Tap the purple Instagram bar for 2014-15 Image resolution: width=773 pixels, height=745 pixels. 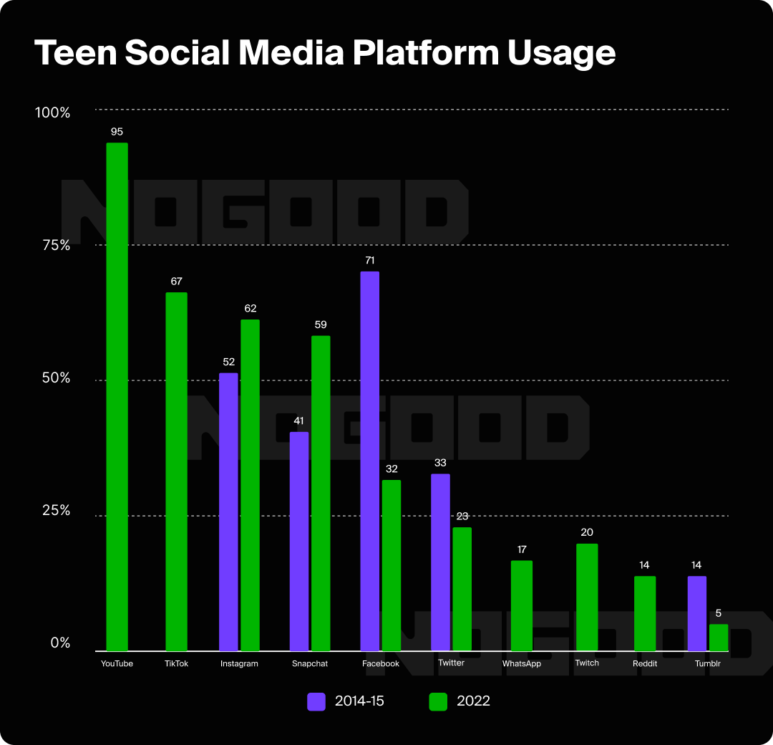[228, 511]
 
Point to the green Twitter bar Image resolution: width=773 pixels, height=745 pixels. [462, 589]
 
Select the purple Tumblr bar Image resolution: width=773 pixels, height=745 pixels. [697, 613]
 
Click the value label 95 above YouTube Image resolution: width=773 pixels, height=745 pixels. [117, 132]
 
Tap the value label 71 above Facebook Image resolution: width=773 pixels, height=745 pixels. [370, 260]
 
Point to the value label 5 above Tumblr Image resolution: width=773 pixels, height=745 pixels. [719, 613]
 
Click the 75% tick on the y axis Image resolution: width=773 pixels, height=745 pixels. [55, 246]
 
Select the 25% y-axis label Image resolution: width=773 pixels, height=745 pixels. [55, 511]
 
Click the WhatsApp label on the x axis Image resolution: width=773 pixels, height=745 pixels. [522, 664]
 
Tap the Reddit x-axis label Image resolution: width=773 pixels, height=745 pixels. [645, 664]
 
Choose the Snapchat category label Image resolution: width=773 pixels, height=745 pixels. [310, 664]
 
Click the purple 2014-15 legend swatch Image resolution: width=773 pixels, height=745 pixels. [316, 701]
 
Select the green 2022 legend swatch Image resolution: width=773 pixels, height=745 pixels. [438, 701]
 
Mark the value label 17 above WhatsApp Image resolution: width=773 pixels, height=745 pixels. [522, 549]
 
